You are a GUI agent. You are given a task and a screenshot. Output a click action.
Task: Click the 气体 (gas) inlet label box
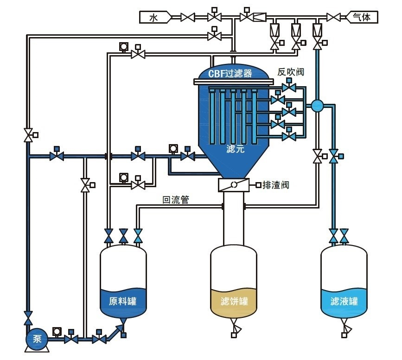click(362, 18)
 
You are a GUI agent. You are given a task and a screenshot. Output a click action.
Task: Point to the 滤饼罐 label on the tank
click(233, 301)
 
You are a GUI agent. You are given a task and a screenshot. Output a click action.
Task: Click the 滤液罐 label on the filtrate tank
click(344, 301)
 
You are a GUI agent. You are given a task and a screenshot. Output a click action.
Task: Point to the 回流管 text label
click(175, 200)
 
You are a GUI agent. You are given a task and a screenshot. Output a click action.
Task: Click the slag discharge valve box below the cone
click(233, 185)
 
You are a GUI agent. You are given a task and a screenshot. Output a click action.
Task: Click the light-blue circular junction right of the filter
click(317, 106)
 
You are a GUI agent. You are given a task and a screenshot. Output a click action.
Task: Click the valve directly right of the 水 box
click(188, 18)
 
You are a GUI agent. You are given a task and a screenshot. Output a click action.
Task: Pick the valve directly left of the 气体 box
click(333, 18)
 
